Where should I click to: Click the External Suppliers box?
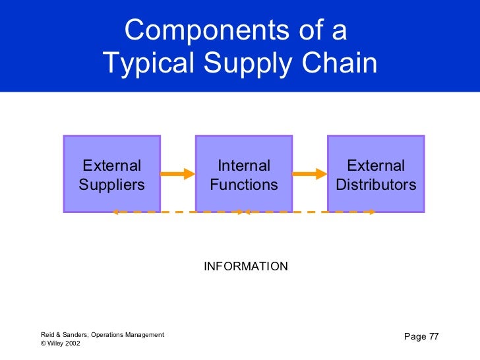tap(111, 174)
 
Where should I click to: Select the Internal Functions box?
tap(244, 174)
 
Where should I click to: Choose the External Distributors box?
tap(376, 174)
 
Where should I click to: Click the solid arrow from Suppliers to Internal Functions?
tap(177, 174)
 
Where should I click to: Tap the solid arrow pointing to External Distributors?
tap(310, 174)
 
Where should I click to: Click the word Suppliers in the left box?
tap(111, 185)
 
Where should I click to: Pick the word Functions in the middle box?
tap(244, 185)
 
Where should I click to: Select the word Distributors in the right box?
tap(376, 185)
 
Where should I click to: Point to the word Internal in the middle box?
tap(244, 165)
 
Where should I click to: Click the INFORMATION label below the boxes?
tap(246, 266)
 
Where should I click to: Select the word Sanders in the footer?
tap(75, 335)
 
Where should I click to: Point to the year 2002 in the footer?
tap(73, 344)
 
